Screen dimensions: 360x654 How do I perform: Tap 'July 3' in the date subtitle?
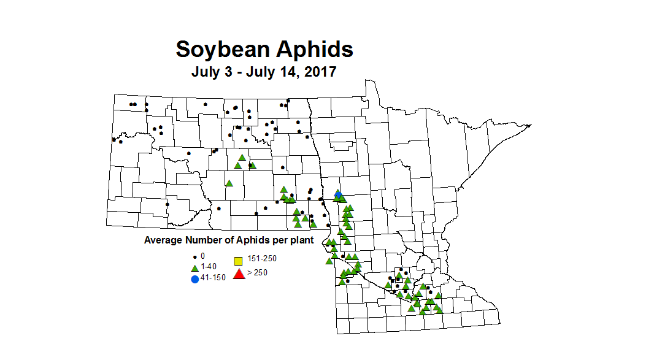click(212, 72)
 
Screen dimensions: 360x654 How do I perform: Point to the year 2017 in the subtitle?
click(319, 72)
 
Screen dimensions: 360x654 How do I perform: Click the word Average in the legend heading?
click(164, 240)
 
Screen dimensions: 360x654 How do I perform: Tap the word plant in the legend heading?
click(301, 240)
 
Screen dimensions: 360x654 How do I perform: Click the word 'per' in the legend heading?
click(279, 240)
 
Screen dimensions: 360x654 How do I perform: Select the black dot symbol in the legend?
click(194, 256)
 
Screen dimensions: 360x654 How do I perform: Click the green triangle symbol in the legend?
click(194, 267)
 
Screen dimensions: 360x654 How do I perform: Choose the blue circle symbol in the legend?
click(194, 279)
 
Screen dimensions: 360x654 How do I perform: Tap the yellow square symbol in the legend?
click(239, 261)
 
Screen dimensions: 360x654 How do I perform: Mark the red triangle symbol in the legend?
click(239, 274)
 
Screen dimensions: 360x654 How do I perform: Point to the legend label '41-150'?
click(213, 277)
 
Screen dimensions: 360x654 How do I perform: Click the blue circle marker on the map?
click(338, 194)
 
